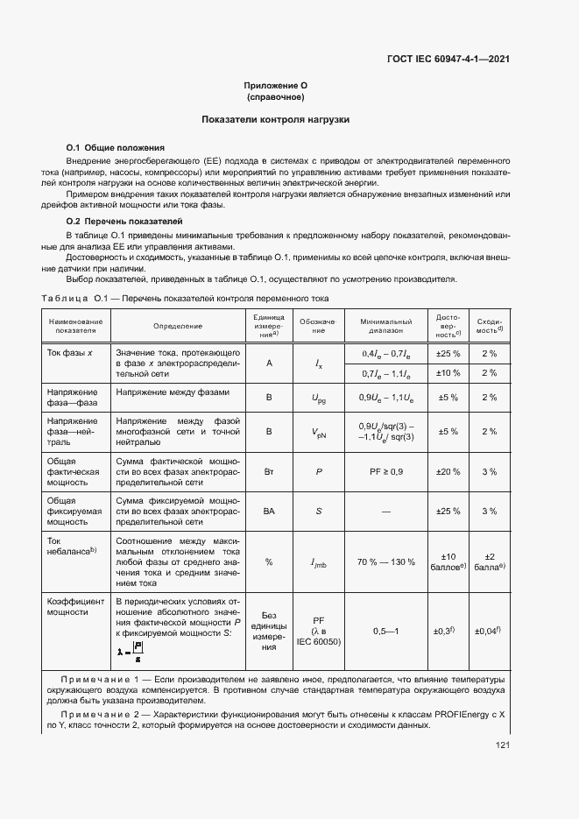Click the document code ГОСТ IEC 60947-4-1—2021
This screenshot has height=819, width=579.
coord(448,60)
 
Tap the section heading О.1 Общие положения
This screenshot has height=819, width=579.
coord(116,147)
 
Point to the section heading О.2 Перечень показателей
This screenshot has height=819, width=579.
coord(124,221)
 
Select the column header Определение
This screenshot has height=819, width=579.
coord(178,326)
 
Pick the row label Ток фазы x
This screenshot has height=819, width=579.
coord(74,352)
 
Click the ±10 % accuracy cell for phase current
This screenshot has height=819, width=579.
coord(448,372)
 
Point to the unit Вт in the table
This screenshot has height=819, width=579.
coord(269,471)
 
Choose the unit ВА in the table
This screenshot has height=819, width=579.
coord(269,511)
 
